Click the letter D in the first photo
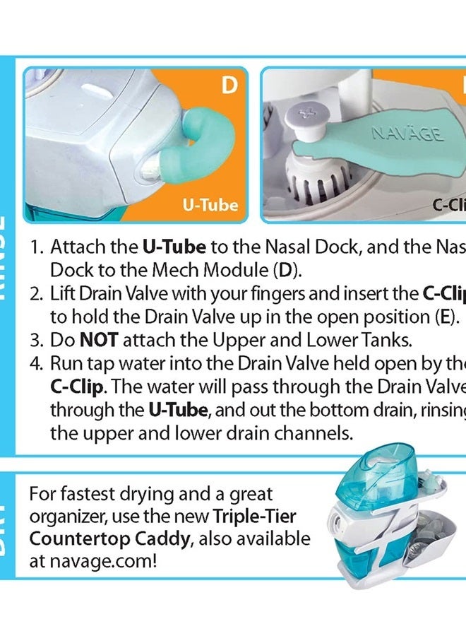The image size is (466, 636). (228, 86)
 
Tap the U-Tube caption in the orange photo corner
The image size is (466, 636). (210, 206)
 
